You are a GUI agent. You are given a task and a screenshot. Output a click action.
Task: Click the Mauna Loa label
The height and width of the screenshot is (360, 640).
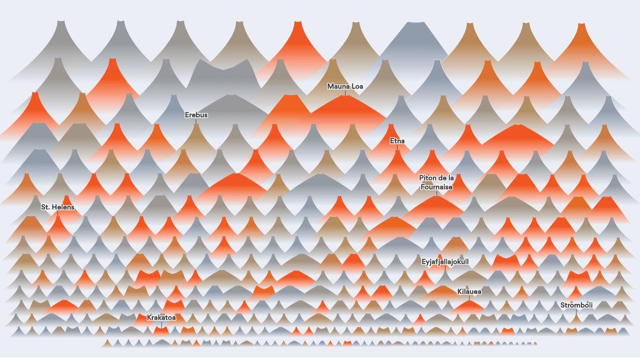(x=345, y=86)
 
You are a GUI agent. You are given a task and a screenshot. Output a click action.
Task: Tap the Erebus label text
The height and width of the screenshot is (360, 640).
(x=196, y=115)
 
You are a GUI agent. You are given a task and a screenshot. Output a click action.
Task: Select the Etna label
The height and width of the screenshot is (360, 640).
(x=397, y=141)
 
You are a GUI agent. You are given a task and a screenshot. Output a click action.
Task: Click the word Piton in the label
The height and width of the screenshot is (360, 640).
(x=428, y=178)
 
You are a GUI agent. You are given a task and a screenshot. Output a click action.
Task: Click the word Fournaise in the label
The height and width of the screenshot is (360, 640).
(x=436, y=187)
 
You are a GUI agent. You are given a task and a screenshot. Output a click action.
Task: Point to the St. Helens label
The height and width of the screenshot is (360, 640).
(x=58, y=207)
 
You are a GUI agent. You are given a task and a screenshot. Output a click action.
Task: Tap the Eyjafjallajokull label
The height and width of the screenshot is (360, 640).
(x=445, y=262)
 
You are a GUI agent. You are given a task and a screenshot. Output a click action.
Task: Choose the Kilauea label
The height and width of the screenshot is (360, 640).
(x=469, y=292)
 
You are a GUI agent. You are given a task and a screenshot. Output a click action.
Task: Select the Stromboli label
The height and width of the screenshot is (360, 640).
(x=576, y=305)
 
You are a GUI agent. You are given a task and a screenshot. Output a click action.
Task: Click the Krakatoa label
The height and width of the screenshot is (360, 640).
(x=161, y=317)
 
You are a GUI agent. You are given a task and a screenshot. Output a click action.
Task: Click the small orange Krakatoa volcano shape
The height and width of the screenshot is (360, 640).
(x=161, y=331)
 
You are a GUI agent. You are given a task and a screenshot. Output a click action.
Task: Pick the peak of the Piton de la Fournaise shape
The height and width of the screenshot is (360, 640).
(x=437, y=197)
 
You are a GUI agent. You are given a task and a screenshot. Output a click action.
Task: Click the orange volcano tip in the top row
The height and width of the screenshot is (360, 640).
(x=298, y=23)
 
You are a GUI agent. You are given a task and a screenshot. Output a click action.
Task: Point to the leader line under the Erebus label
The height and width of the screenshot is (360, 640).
(x=196, y=121)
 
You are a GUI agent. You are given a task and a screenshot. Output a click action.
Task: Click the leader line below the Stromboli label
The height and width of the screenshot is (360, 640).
(x=576, y=312)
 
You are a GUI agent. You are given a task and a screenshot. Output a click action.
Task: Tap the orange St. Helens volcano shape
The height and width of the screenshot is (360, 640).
(x=58, y=225)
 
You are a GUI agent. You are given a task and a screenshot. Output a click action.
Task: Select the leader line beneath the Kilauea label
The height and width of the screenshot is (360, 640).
(x=469, y=298)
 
